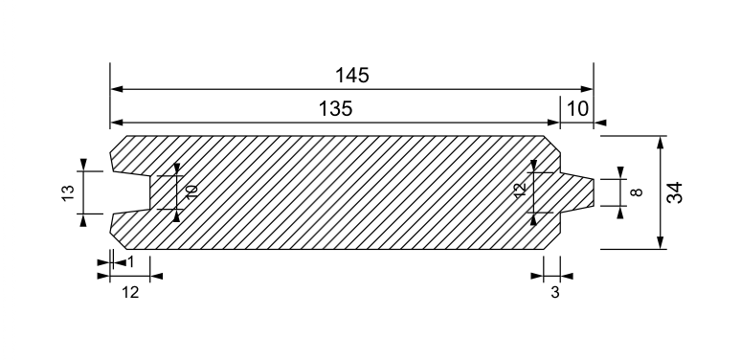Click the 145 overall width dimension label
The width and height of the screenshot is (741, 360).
352,76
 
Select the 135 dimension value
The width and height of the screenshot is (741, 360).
335,109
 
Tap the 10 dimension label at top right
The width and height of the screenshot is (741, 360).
577,109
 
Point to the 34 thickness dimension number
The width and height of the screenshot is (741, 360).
675,192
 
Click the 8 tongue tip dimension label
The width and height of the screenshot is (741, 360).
637,192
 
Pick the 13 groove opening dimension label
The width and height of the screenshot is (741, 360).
68,192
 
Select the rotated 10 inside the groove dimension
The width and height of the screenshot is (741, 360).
191,191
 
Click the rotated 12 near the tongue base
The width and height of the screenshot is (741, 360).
520,190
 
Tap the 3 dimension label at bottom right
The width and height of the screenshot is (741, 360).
555,293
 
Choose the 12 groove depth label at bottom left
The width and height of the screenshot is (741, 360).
130,293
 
